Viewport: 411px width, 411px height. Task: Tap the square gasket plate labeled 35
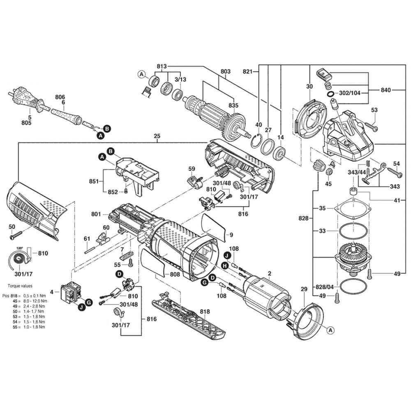click(x=353, y=209)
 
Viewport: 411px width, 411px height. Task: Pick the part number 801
click(x=96, y=214)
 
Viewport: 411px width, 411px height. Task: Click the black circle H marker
click(x=224, y=266)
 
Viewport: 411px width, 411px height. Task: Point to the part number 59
click(x=192, y=169)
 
